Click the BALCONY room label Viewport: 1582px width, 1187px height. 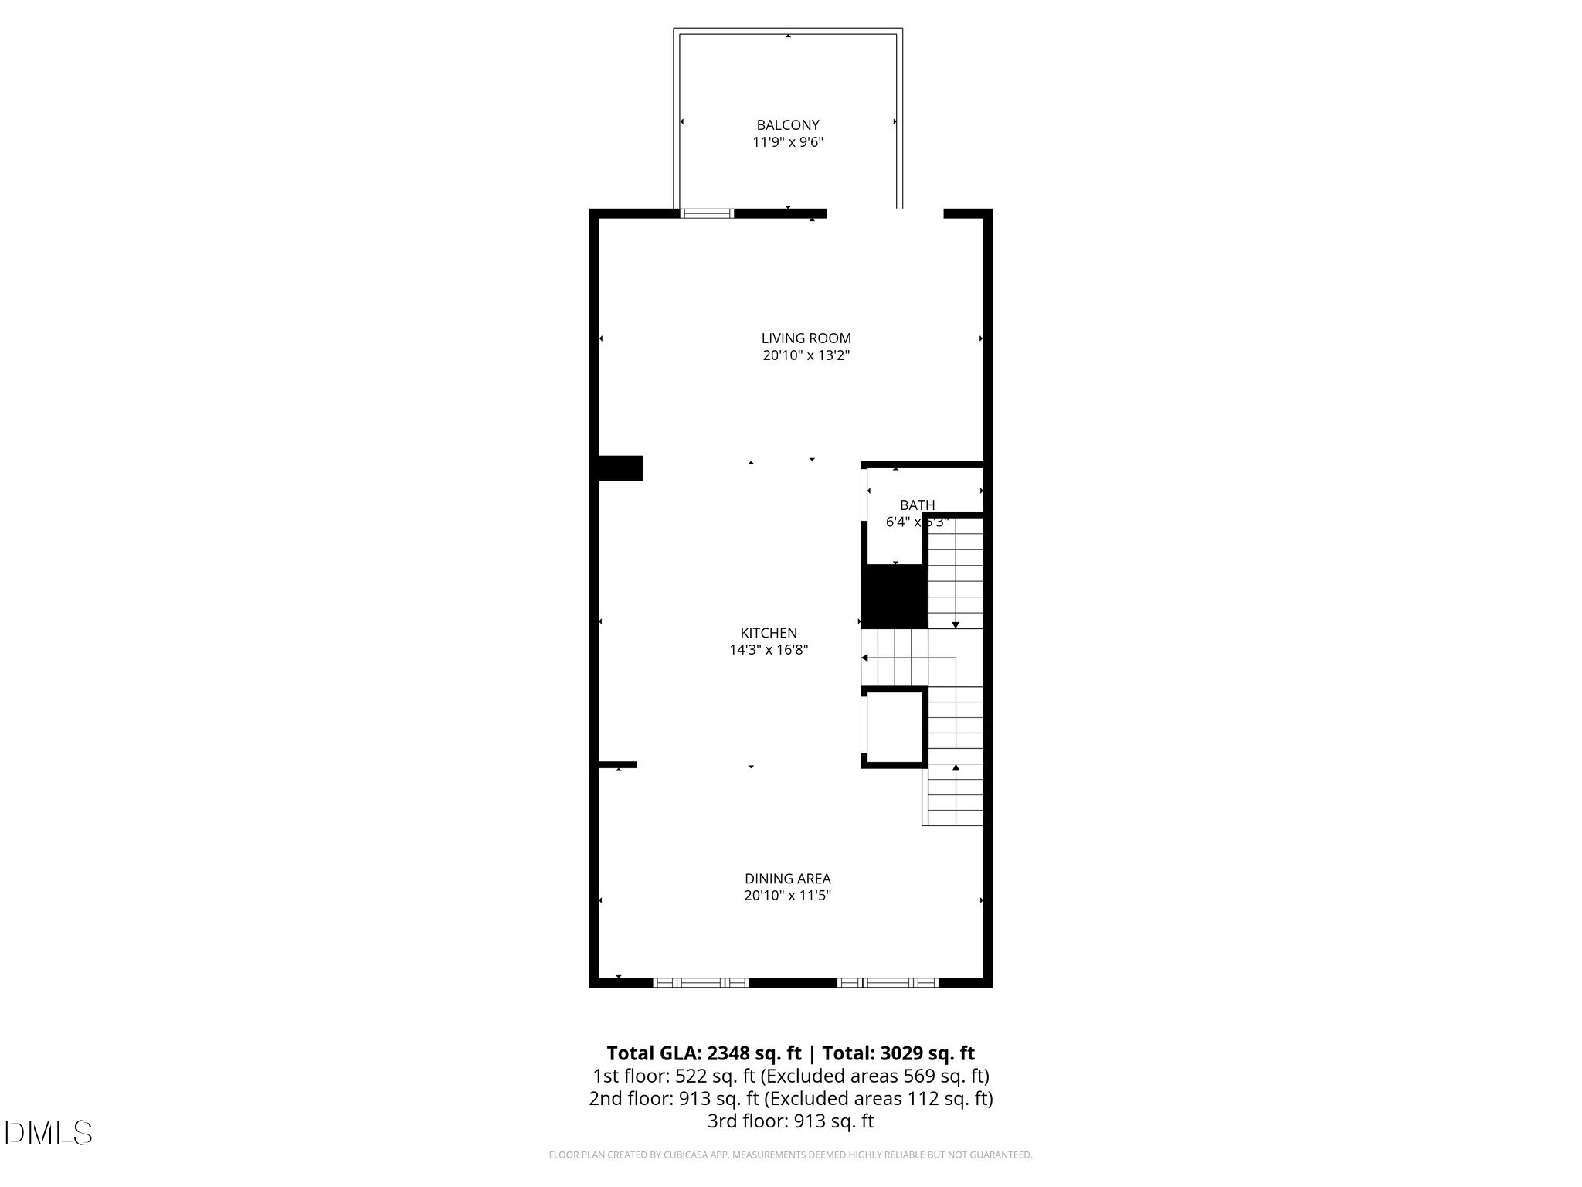click(787, 125)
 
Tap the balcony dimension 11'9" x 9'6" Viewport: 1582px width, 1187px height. click(787, 142)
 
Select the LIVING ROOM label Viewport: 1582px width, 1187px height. click(806, 338)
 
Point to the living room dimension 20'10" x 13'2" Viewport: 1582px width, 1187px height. click(806, 356)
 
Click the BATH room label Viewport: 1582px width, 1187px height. click(917, 505)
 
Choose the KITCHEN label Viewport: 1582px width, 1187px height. click(768, 633)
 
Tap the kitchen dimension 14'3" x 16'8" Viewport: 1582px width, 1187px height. click(768, 651)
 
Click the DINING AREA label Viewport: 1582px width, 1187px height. click(787, 879)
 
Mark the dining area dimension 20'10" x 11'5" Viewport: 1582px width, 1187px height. click(787, 896)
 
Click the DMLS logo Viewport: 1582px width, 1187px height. click(49, 1133)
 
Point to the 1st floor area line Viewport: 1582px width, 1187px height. click(790, 1076)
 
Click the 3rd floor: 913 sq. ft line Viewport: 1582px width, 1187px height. click(790, 1121)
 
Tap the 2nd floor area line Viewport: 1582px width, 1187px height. click(790, 1098)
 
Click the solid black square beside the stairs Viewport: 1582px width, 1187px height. click(894, 596)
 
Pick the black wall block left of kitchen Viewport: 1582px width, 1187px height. click(620, 468)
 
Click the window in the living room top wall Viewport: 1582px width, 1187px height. click(706, 213)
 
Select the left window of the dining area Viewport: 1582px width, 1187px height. click(701, 983)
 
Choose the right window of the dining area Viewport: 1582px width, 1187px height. click(888, 983)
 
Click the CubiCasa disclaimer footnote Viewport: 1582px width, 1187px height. click(790, 1155)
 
